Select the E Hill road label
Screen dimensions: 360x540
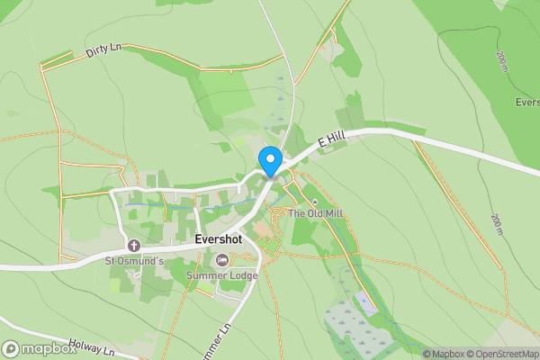[x=331, y=139]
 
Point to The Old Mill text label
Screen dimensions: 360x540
[x=317, y=213]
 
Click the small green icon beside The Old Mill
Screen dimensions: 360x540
[x=314, y=201]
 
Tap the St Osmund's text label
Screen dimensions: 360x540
[x=134, y=261]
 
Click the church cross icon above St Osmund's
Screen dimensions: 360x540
[x=134, y=246]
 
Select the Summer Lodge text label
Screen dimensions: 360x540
[x=221, y=275]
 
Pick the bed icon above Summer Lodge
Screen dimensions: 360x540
[x=221, y=260]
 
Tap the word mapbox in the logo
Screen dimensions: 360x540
[x=49, y=349]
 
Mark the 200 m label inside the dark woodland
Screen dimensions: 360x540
[x=501, y=60]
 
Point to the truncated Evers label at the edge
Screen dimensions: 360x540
[x=526, y=103]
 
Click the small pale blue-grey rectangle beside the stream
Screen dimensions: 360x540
[x=366, y=303]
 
